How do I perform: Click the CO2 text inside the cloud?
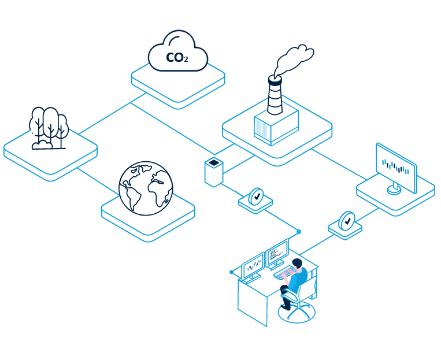click(177, 57)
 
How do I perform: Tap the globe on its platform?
click(146, 188)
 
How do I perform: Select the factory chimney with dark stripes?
click(275, 95)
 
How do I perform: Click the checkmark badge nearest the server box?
click(255, 196)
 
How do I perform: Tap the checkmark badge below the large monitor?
click(346, 221)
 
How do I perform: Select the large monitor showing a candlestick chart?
click(396, 168)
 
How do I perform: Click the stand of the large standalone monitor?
click(395, 188)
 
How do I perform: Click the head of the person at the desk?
click(298, 265)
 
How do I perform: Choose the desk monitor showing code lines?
click(277, 251)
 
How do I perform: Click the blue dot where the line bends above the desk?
click(299, 232)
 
